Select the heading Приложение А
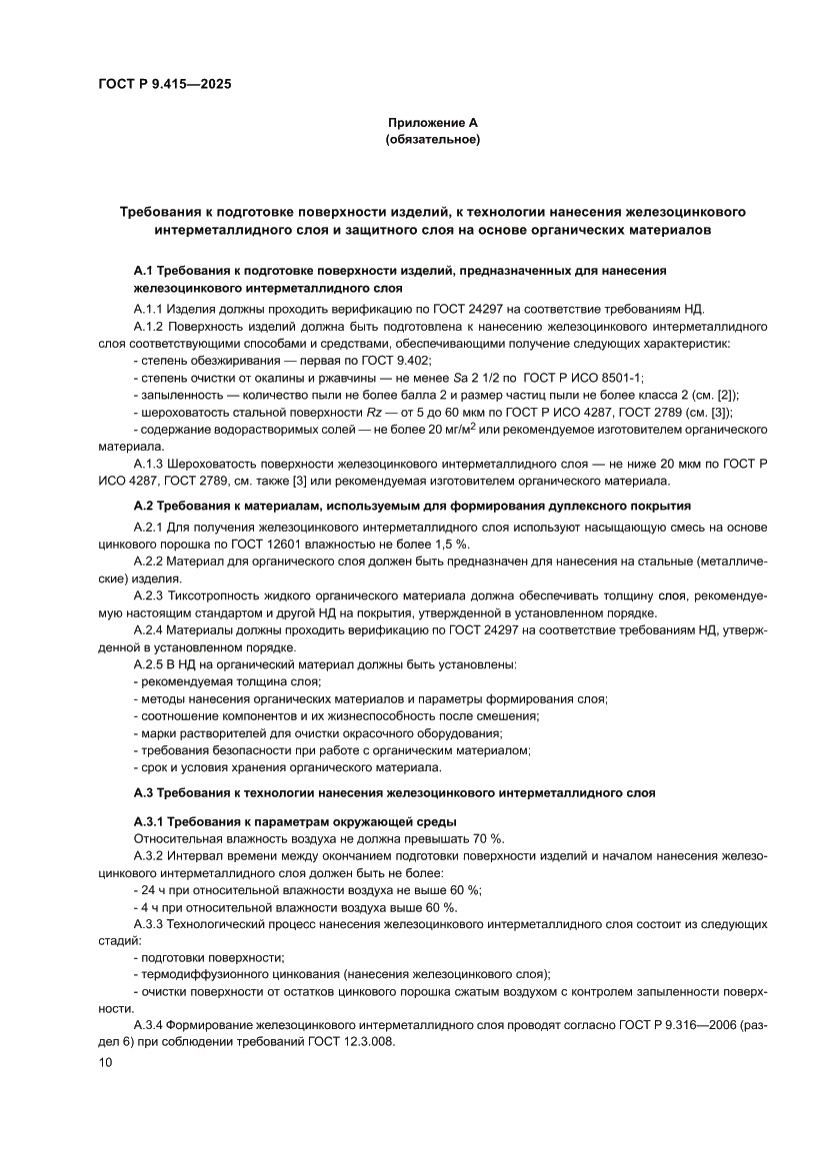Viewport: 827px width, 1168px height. (433, 122)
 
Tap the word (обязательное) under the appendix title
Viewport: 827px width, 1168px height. (433, 140)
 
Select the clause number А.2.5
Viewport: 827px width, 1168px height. (149, 664)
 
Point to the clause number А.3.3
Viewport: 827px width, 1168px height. (149, 923)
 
